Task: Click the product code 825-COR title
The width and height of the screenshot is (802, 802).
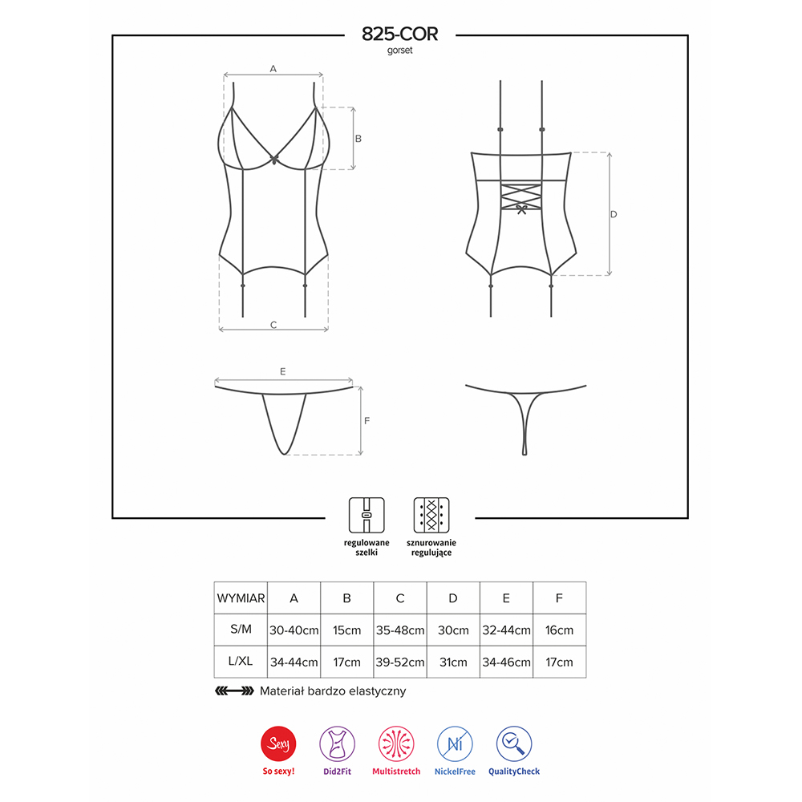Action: pos(400,34)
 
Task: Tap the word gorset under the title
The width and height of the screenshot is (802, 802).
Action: pos(399,50)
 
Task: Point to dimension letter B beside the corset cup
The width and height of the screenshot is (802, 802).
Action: pos(358,139)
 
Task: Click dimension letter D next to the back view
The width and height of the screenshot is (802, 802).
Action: pos(614,214)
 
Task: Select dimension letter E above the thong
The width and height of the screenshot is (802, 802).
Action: pos(283,371)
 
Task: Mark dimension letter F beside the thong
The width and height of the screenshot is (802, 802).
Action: pos(367,420)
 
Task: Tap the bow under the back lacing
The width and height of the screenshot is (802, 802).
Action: pos(521,209)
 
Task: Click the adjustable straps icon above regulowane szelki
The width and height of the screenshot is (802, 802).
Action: pos(367,515)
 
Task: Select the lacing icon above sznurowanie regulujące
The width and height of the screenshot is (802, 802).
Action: pos(431,515)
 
